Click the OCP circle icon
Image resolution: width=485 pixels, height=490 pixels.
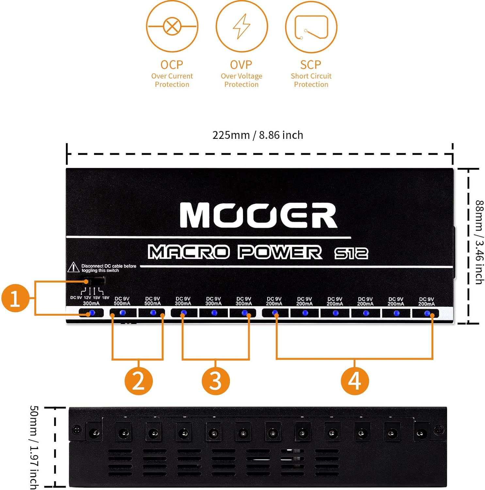(x=172, y=26)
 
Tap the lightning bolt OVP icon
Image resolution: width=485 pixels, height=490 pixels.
(x=242, y=26)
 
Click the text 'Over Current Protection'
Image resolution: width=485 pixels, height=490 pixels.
(x=172, y=80)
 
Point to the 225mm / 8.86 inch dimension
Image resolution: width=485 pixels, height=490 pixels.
(x=258, y=135)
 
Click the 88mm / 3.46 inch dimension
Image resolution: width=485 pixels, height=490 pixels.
(x=479, y=242)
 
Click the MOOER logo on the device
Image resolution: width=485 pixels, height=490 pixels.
(x=258, y=215)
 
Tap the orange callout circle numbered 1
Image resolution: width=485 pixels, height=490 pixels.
(x=15, y=298)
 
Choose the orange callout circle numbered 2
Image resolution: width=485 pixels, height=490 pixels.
(x=138, y=381)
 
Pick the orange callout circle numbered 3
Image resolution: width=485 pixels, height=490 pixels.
(x=216, y=381)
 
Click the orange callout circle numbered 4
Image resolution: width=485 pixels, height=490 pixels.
(x=355, y=381)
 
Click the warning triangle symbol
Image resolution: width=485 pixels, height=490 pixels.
(x=73, y=268)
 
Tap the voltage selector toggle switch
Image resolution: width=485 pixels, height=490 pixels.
(x=95, y=281)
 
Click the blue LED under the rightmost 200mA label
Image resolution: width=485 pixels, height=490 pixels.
(x=427, y=313)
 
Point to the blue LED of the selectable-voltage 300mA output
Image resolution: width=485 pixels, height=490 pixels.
(x=92, y=313)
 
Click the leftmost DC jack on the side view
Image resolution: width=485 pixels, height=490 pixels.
(x=94, y=433)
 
